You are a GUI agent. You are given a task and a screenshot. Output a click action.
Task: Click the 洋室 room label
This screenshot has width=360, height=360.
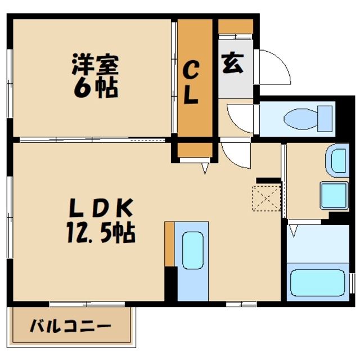[x=95, y=64]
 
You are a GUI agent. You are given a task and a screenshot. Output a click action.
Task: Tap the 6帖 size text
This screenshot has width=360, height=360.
[x=95, y=87]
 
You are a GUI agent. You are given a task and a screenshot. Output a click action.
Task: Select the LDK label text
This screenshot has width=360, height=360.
[x=101, y=210]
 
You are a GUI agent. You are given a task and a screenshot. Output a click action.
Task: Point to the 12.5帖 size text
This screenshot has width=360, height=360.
[x=102, y=232]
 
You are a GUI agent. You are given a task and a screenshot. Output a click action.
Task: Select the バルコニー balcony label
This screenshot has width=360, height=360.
[x=71, y=326]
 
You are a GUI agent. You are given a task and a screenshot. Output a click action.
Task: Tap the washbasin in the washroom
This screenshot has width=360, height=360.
[x=338, y=159]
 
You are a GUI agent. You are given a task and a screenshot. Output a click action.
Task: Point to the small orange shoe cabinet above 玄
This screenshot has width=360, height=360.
[x=236, y=26]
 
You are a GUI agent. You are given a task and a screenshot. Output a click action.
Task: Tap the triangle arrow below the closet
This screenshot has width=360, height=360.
[x=205, y=168]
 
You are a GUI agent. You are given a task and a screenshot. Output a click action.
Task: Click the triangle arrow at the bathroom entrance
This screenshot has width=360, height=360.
[x=293, y=230]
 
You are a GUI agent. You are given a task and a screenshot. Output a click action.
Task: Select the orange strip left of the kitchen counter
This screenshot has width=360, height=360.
[x=169, y=244]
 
